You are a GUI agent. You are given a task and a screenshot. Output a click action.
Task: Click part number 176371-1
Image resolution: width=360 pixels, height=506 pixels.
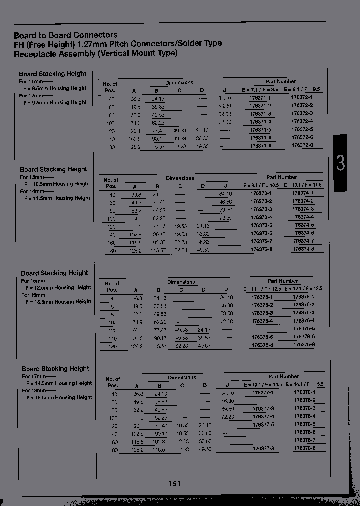260,98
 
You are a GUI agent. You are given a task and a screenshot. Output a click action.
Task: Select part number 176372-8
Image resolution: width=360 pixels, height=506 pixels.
302,145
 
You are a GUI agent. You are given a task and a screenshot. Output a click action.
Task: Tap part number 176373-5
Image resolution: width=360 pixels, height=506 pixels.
261,225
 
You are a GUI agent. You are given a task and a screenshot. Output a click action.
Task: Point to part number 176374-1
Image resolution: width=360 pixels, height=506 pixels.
303,193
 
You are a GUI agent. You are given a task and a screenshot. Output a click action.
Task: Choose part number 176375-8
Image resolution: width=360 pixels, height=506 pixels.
262,345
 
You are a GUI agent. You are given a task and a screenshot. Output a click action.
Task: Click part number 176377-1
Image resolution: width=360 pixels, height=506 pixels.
263,393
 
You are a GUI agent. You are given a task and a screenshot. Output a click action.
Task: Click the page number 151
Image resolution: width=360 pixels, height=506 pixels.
174,483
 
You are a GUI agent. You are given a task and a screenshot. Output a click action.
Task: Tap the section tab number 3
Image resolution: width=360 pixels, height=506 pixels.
340,163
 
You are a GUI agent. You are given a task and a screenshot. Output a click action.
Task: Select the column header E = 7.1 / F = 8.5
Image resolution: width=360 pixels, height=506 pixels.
260,89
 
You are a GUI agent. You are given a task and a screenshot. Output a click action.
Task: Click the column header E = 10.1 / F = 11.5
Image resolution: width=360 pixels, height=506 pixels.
303,185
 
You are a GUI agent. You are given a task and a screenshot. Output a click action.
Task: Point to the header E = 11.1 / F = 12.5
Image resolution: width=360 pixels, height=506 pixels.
262,289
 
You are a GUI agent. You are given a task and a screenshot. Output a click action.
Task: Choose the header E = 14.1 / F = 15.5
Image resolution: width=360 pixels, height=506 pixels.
304,385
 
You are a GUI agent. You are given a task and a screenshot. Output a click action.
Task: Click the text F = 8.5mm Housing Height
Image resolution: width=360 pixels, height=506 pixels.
55,88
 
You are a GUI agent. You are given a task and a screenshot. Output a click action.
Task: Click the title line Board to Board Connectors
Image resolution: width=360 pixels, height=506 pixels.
66,35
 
